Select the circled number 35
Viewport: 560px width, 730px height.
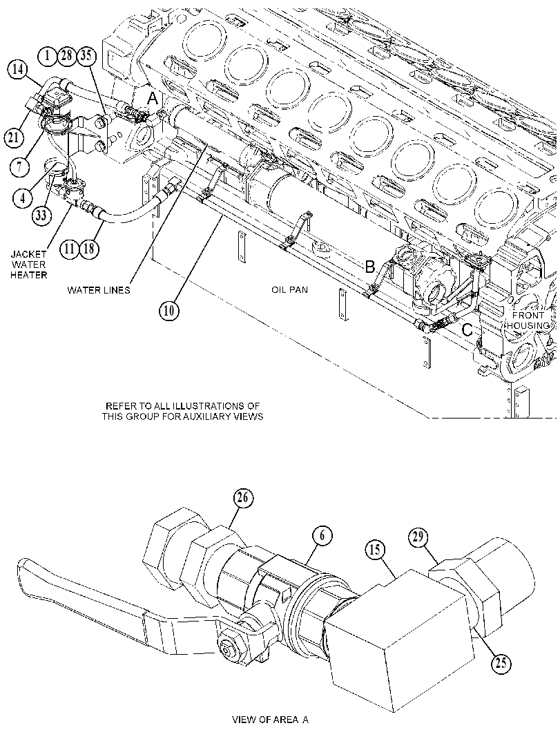(87, 57)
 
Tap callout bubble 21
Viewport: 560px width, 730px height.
(15, 136)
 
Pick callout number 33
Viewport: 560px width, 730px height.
(41, 215)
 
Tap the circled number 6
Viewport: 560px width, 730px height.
(322, 537)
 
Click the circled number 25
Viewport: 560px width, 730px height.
(501, 662)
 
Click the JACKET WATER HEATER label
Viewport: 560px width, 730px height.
(29, 265)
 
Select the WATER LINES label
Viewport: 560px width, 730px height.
(99, 291)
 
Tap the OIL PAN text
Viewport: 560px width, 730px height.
(290, 289)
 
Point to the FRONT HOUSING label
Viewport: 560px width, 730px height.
(528, 320)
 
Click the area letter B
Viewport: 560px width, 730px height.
(369, 267)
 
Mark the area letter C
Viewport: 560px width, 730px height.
(467, 330)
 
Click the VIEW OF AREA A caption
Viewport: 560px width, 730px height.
(271, 720)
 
